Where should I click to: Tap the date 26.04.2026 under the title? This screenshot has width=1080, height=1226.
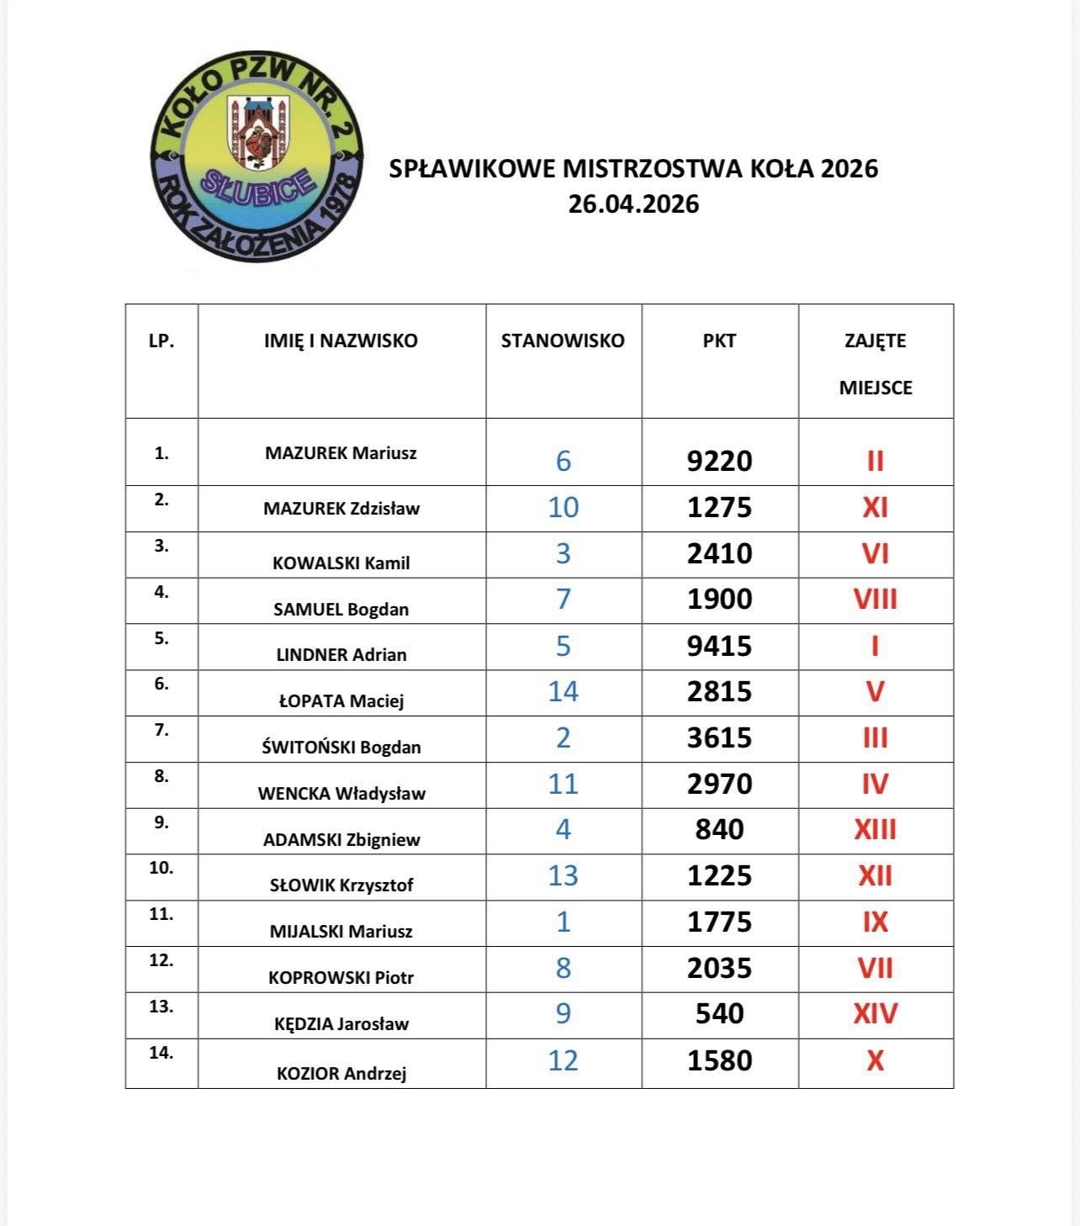click(633, 204)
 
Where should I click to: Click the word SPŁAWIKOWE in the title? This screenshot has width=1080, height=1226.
click(472, 169)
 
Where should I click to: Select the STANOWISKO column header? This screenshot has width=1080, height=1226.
click(563, 341)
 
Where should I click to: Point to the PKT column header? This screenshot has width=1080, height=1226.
click(719, 341)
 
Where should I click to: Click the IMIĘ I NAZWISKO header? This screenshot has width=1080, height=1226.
click(341, 341)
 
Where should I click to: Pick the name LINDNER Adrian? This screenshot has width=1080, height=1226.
click(341, 654)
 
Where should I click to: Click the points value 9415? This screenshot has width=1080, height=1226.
click(719, 646)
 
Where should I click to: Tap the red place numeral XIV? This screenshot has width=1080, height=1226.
click(875, 1013)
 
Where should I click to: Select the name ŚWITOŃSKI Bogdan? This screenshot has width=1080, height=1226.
click(341, 747)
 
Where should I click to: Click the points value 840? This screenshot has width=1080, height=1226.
click(719, 830)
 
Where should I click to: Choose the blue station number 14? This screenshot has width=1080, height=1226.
click(563, 691)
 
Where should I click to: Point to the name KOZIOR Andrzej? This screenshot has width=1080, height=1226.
click(341, 1073)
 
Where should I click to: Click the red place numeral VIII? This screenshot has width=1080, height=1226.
click(875, 600)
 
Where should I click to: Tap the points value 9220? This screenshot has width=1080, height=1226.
click(719, 461)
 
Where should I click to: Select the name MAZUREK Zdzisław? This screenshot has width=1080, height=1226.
click(341, 508)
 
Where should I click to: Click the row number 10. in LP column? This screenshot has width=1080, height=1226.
click(161, 868)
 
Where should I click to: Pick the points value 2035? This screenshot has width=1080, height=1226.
click(719, 968)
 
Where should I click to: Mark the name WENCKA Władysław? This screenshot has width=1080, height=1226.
click(341, 793)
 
